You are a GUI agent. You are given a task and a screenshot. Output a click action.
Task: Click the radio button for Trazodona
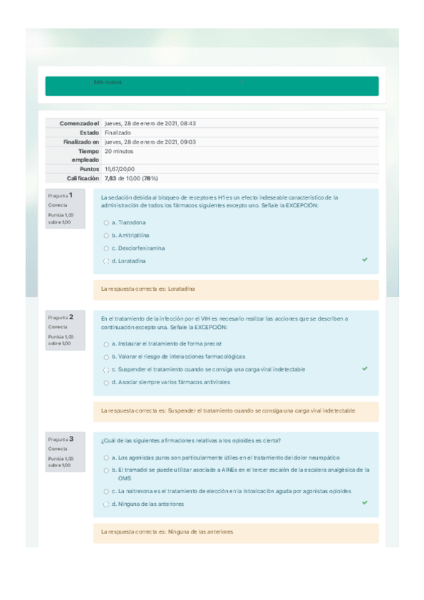pos(105,222)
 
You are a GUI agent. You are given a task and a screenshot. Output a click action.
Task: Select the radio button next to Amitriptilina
pos(105,235)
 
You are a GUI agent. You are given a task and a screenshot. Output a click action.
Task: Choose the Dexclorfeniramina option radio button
pos(105,248)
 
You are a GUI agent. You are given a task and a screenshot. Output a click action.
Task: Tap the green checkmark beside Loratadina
pos(365,260)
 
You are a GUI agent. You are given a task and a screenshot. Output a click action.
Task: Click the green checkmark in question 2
pos(365,369)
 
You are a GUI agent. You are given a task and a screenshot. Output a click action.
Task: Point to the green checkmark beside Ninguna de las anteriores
pos(365,502)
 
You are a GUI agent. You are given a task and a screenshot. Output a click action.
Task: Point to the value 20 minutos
pos(119,151)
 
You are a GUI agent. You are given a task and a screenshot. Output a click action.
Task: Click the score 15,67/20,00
pos(119,169)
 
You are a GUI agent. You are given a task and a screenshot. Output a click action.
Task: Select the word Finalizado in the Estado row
pos(118,132)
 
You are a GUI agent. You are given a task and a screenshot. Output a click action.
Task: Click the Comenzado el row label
pos(80,123)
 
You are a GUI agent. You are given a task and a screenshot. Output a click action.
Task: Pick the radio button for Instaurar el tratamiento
pos(105,343)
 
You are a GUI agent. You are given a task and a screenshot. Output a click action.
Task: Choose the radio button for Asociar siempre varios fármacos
pos(105,382)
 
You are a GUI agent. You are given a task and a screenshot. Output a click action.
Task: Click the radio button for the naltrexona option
pos(105,491)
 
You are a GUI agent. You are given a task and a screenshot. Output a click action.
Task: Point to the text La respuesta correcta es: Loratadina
pos(148,289)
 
